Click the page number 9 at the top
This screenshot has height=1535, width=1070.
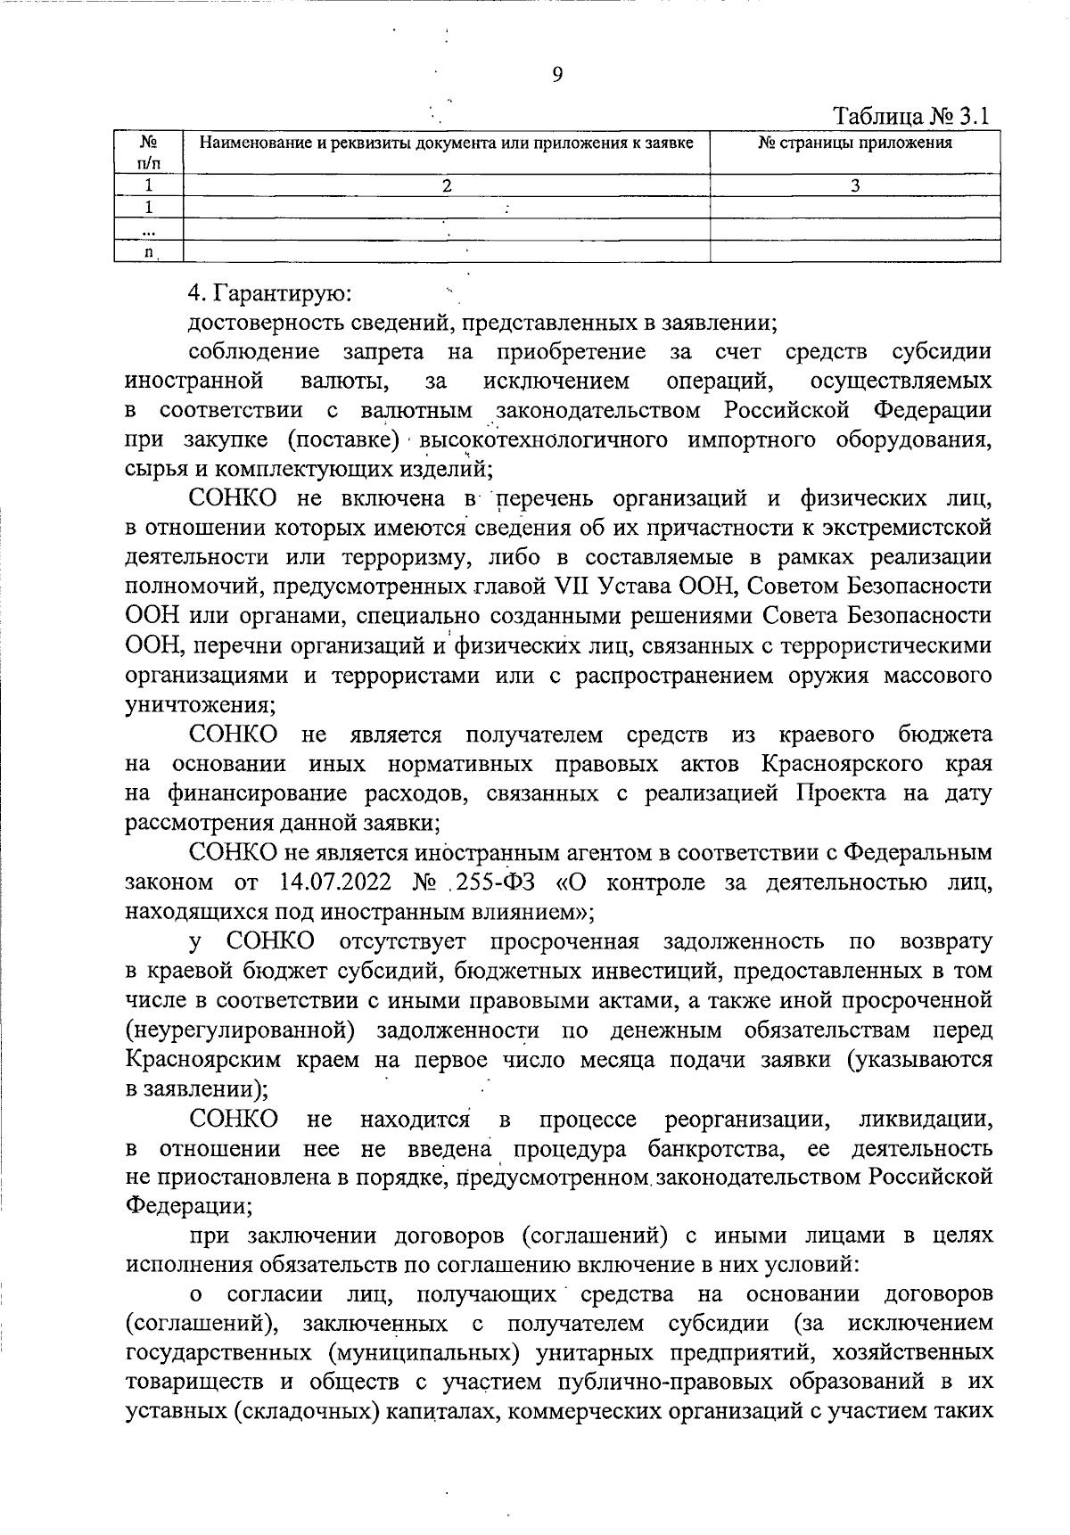[x=557, y=75]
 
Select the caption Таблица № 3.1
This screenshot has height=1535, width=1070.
[x=911, y=117]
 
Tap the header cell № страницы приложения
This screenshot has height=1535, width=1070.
[x=854, y=143]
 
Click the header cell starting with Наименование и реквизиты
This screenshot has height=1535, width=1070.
[x=446, y=143]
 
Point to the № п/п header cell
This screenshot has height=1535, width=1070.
[x=149, y=151]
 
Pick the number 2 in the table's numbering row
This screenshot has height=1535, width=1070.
[x=447, y=185]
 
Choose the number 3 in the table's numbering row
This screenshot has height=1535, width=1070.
[x=855, y=185]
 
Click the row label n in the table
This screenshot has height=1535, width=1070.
[x=149, y=252]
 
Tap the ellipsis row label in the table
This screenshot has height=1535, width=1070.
[x=149, y=230]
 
